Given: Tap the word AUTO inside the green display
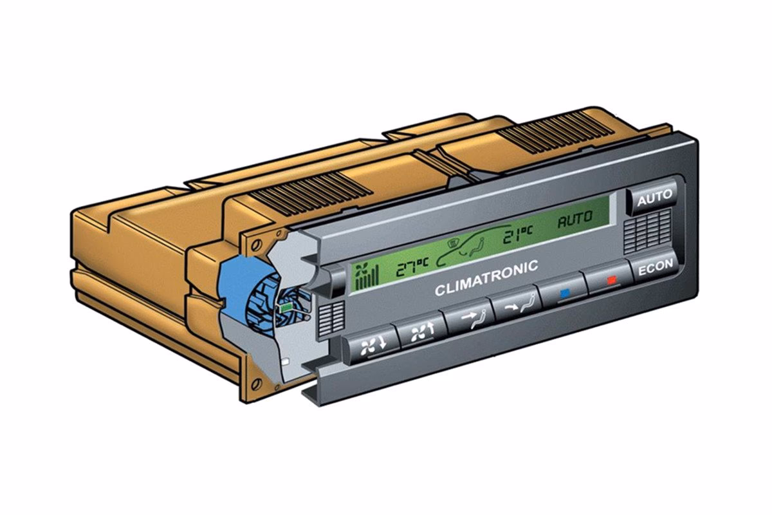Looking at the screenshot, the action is point(575,219).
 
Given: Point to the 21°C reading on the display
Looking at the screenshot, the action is point(518,234).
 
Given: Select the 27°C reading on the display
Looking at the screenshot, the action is point(412,267).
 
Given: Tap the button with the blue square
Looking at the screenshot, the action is point(564,292).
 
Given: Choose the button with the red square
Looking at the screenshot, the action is point(610,279).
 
